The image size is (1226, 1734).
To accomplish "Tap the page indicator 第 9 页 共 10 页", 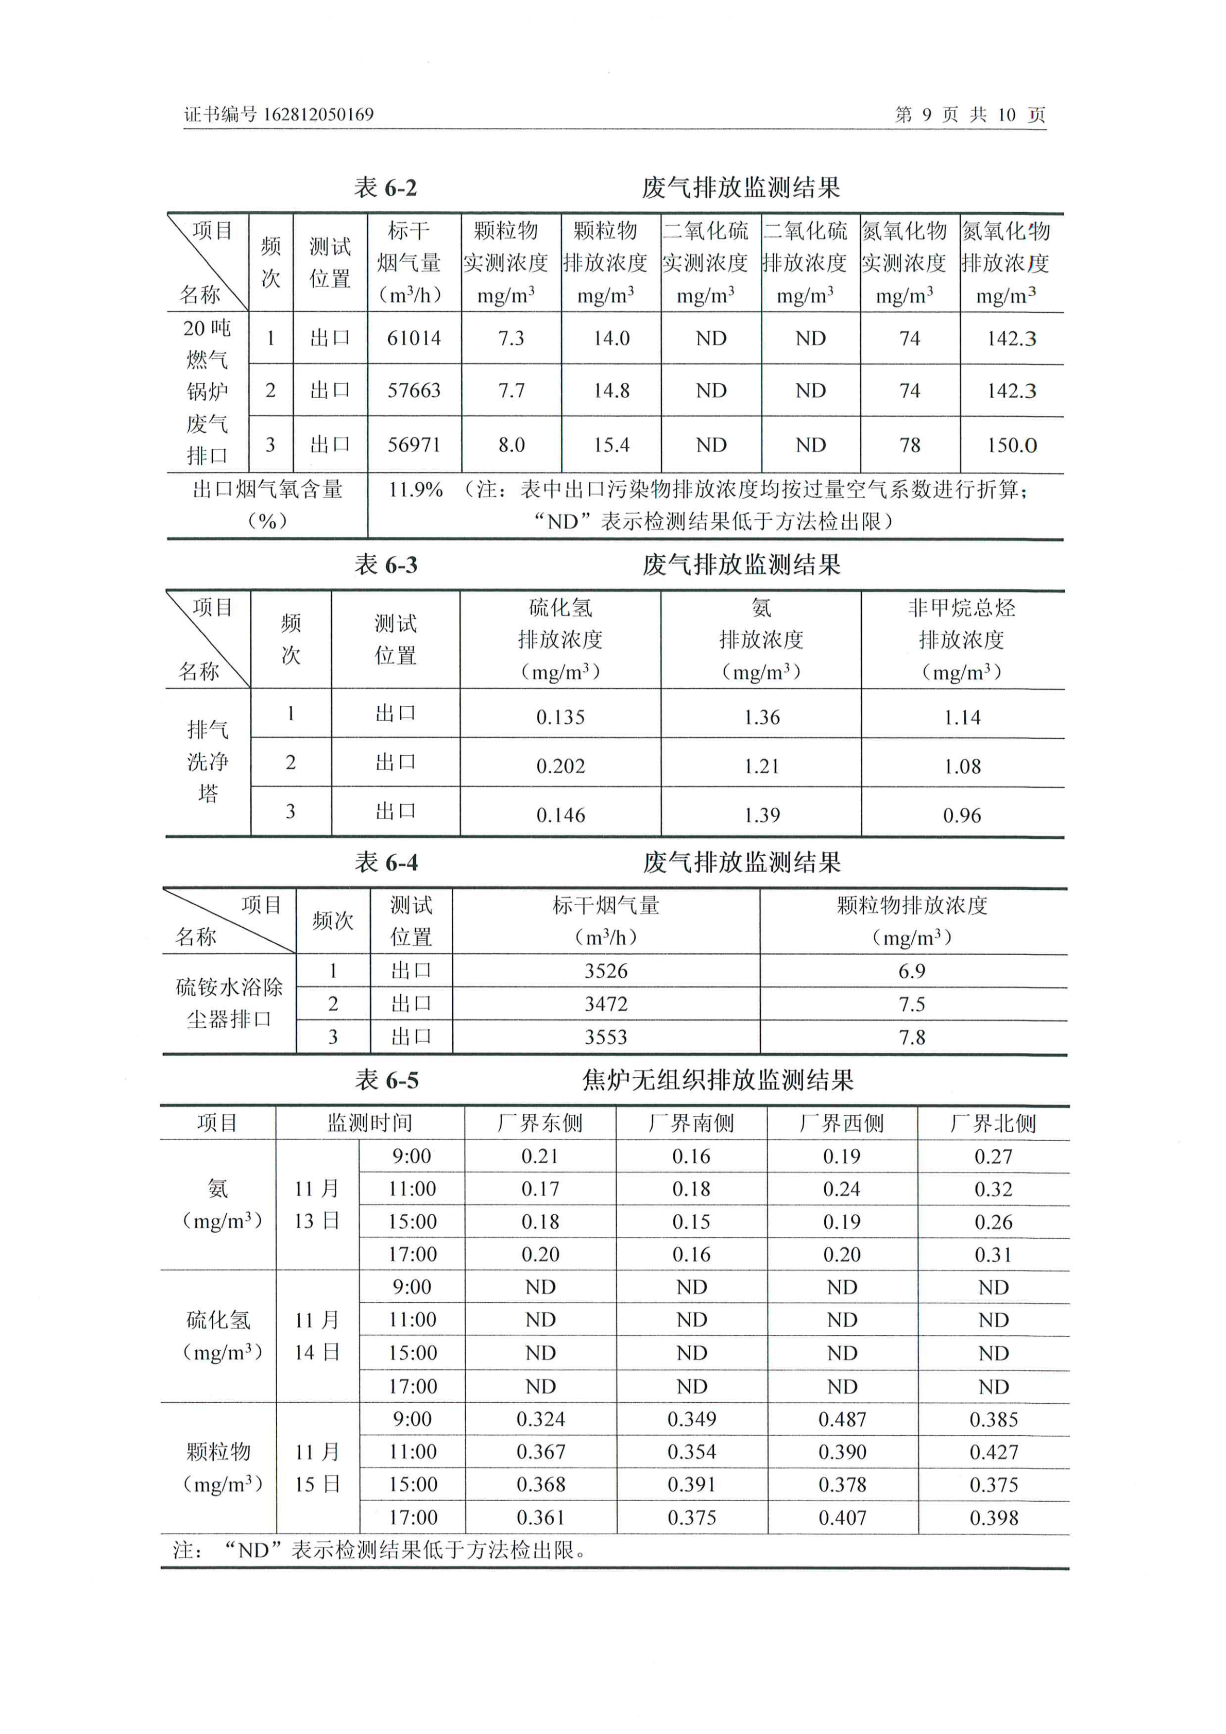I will pos(970,115).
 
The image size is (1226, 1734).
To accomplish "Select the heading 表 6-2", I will pos(385,188).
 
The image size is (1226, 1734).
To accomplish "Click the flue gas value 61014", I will pos(414,338).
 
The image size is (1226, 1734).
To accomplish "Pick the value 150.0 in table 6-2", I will pos(1012,445).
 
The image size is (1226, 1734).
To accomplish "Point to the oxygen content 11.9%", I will pos(416,489).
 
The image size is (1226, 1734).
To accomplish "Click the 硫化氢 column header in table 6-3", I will pos(560,607).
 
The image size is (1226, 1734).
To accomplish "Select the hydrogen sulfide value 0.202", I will pos(560,766).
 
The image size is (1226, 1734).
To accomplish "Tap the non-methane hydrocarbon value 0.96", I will pos(962,815).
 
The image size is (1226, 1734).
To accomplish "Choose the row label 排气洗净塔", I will pos(208,761).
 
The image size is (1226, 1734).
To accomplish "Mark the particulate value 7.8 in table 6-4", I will pos(912,1037).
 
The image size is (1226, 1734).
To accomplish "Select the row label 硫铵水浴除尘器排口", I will pos(229,1003).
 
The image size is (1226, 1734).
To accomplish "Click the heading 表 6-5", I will pos(387,1080).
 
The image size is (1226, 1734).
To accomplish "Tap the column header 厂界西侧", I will pos(842,1124).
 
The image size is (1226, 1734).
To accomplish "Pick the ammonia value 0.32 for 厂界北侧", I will pos(993,1189).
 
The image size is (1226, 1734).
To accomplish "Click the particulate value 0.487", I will pos(842,1419).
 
